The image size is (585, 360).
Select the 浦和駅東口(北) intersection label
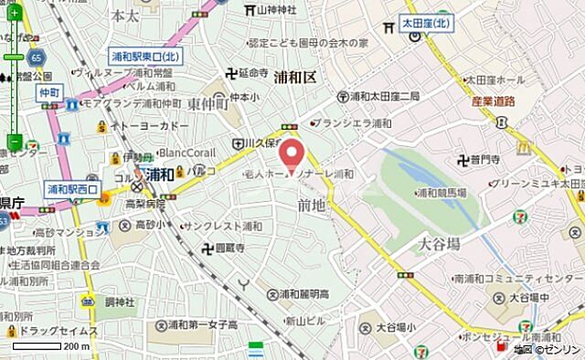(146, 57)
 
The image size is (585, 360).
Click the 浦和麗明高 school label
(305, 293)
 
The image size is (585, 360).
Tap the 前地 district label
(311, 206)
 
